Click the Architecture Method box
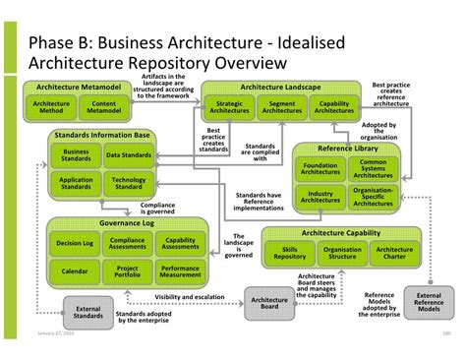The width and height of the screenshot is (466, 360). click(x=51, y=107)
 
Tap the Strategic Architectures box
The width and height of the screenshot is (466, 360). click(x=230, y=107)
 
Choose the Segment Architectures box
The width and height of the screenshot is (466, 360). click(x=282, y=107)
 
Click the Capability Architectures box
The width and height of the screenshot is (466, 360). click(x=334, y=107)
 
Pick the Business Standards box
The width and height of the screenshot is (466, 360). click(x=76, y=154)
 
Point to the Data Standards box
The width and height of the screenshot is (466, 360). click(x=128, y=154)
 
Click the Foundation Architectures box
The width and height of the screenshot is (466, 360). click(x=320, y=168)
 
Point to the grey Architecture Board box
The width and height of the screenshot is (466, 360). click(x=268, y=301)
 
